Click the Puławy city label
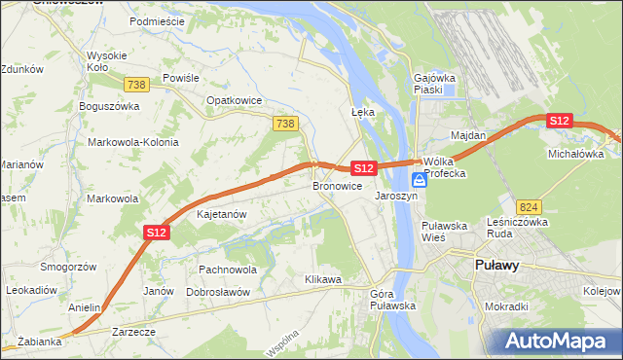[496, 265]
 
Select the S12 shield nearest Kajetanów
[158, 232]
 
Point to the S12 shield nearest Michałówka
[559, 121]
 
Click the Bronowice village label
[338, 186]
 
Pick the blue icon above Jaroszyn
[419, 180]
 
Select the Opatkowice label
[231, 99]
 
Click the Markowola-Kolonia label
[133, 142]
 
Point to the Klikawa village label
[322, 280]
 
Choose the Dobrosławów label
[218, 292]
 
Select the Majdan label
[467, 135]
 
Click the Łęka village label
[362, 112]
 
